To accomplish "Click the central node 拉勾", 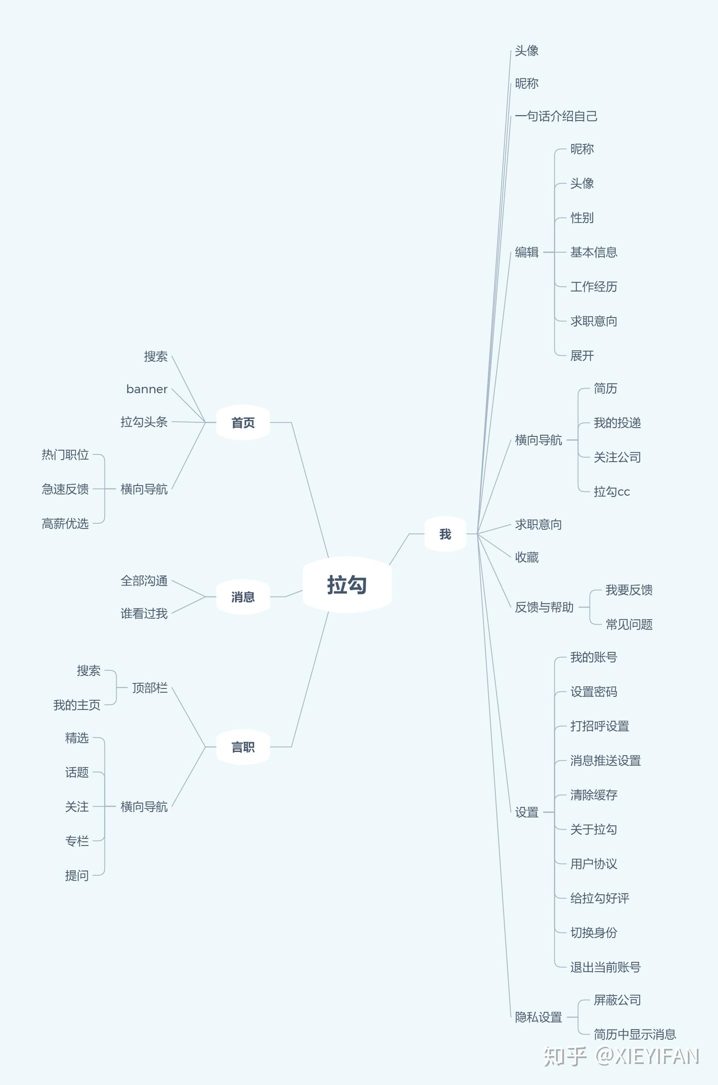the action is (347, 584).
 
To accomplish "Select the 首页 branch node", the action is (243, 423).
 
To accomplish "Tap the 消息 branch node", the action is (243, 597).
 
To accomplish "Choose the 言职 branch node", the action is (243, 747).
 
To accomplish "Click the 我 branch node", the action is (445, 534).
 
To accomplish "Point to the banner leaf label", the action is (147, 389).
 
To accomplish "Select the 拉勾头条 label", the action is (144, 422).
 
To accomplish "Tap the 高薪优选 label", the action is (65, 524).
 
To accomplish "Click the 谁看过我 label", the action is (144, 614).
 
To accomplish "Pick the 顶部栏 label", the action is (150, 688).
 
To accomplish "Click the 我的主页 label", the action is (77, 705).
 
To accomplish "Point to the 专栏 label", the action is (77, 841).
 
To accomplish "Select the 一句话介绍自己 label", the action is (556, 116).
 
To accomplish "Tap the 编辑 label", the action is (527, 253).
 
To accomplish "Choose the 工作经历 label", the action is (593, 287).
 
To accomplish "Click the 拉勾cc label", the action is (611, 492).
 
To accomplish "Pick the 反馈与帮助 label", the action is (544, 607).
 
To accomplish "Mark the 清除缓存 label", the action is (593, 795).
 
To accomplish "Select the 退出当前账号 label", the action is (605, 967).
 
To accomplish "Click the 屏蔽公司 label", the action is (617, 1000).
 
